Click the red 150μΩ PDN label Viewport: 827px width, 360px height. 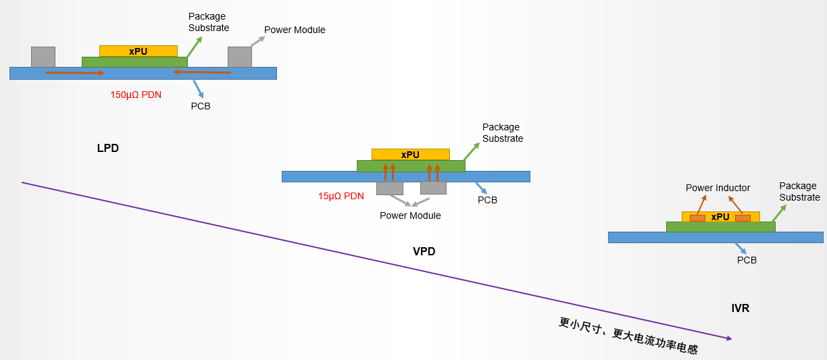[136, 95]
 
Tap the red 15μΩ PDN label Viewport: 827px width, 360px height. [341, 196]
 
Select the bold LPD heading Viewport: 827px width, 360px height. [108, 148]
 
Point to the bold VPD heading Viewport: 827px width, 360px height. [424, 251]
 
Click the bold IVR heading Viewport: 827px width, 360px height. [741, 308]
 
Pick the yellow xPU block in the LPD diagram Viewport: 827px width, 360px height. [139, 51]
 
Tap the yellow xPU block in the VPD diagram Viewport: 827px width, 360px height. [411, 155]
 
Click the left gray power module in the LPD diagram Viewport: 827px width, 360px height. [43, 57]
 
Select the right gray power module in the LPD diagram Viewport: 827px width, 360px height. [240, 57]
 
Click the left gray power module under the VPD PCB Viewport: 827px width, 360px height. [390, 188]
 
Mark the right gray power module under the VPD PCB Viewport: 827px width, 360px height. [434, 188]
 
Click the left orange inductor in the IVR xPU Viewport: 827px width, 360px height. [697, 218]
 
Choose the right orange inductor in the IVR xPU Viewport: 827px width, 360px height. [743, 218]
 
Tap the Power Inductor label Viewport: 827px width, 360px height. [718, 188]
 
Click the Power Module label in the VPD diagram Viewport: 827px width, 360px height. [410, 215]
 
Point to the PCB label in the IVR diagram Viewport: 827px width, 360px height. [747, 260]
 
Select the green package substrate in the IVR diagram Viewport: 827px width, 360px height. [721, 227]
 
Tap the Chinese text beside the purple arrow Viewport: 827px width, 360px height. [628, 336]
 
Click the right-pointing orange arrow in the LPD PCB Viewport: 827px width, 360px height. [75, 73]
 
